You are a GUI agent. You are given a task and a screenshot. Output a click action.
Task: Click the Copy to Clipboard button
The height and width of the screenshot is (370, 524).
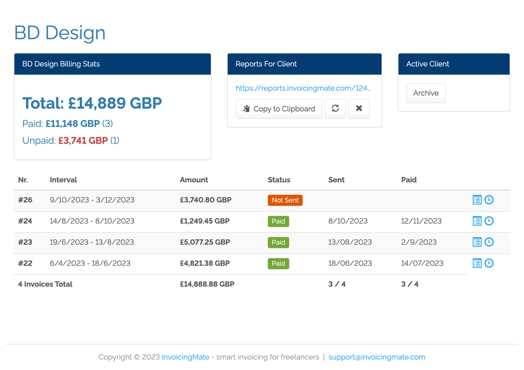pos(278,109)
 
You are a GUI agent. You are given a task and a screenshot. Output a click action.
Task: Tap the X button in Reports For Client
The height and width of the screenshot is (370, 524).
pos(359,109)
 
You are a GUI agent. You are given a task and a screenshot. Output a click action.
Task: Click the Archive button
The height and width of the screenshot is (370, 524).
pos(426,93)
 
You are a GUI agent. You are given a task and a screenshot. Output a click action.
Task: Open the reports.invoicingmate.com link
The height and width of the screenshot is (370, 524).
pos(303,88)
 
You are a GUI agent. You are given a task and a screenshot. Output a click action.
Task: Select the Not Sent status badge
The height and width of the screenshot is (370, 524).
pos(285,200)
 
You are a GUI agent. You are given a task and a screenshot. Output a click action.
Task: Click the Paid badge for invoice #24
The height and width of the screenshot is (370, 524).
pos(278,221)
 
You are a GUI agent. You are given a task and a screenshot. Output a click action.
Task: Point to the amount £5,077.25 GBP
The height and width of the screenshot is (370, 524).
pos(205,242)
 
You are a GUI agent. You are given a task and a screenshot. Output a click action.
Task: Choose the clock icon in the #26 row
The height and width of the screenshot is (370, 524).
pos(489,200)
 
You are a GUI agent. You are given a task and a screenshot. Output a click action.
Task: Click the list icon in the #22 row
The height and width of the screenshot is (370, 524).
pos(477,263)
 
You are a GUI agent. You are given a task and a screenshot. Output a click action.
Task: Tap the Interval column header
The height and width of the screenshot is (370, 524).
pos(63,180)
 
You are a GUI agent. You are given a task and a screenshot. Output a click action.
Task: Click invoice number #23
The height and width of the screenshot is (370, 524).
pos(25,242)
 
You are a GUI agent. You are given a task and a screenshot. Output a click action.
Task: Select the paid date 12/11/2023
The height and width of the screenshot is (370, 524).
pos(422,221)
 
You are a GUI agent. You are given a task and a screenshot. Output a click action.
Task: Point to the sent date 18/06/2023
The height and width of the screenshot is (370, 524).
pos(350,263)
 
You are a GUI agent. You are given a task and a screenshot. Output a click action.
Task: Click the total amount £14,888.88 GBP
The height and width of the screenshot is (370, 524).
pos(207,284)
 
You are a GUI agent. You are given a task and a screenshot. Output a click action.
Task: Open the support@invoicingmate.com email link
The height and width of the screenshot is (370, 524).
pos(377,357)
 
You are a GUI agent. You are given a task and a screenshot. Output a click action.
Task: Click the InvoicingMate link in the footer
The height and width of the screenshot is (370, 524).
pos(185,357)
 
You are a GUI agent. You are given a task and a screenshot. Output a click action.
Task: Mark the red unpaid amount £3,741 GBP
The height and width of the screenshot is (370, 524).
pos(83,141)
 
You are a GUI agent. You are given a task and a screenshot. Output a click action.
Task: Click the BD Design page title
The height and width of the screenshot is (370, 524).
pos(60,33)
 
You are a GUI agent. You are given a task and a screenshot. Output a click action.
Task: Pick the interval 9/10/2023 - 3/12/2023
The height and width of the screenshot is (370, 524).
pos(92,200)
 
